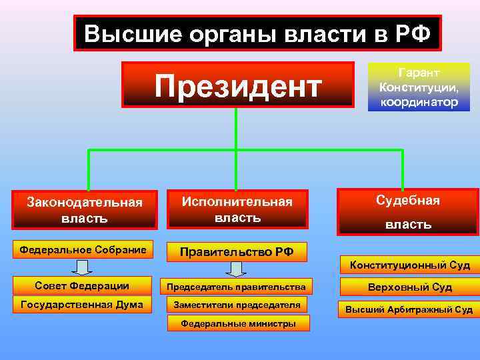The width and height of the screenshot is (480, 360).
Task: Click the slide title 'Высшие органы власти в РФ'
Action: (257, 33)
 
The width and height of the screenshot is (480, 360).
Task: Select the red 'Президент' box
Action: (238, 85)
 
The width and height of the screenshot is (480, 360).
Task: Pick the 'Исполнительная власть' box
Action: (238, 209)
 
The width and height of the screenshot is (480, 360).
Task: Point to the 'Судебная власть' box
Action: (408, 212)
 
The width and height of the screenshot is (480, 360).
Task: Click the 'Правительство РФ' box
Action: (238, 252)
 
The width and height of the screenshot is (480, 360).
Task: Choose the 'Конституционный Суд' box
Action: (410, 265)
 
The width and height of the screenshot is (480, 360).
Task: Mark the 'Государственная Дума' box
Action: (82, 305)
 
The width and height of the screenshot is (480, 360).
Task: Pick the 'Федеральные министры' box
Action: (237, 324)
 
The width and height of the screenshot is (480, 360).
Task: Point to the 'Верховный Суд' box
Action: (409, 287)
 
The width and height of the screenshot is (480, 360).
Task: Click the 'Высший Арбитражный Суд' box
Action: (409, 309)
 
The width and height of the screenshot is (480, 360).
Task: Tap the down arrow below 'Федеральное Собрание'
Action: (82, 268)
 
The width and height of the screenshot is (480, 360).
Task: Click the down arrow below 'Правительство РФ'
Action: (236, 269)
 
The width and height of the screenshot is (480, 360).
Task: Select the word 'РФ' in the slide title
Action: (413, 33)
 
